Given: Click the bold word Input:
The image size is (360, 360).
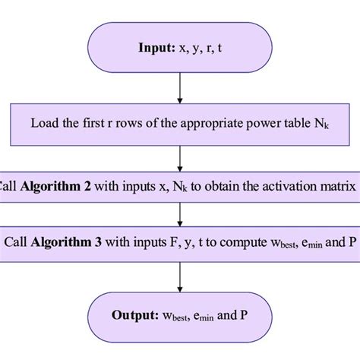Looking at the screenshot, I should coord(156,46).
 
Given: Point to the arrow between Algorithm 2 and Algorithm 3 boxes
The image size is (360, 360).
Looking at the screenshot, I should coord(180,214).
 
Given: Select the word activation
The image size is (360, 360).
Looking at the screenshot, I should coord(289,185).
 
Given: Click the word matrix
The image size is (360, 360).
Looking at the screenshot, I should coord(339,185).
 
